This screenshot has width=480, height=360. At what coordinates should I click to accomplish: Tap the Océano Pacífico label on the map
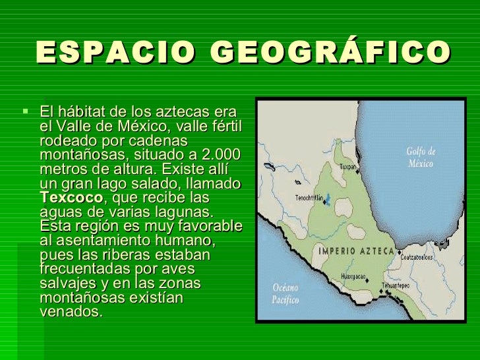click(285, 294)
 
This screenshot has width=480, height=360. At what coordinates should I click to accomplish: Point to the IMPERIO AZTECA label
click(356, 251)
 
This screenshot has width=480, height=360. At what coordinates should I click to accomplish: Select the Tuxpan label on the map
click(347, 167)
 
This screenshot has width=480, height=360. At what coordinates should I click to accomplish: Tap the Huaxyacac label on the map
click(353, 277)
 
